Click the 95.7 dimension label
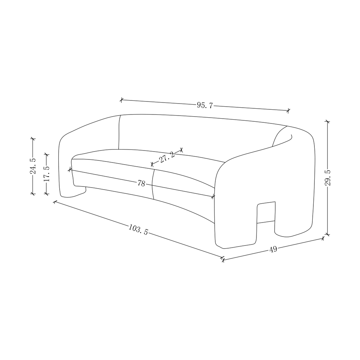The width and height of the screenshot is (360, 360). click(x=205, y=105)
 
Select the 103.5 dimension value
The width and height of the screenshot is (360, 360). click(x=138, y=229)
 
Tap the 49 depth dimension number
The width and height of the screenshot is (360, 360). click(x=273, y=249)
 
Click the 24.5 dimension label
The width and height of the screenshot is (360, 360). click(x=33, y=167)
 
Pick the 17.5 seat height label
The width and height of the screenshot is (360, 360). click(x=47, y=174)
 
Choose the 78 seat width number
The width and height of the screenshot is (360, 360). click(x=141, y=183)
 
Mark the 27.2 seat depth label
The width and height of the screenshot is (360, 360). click(x=167, y=157)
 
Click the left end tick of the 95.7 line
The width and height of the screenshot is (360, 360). click(x=121, y=100)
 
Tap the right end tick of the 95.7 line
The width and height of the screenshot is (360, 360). click(x=289, y=110)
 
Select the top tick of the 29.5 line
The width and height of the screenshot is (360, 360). click(x=328, y=121)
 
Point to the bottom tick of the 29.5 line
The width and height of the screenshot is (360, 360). click(x=328, y=235)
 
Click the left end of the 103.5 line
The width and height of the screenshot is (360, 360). click(x=54, y=202)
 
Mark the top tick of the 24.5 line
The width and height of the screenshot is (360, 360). click(x=33, y=139)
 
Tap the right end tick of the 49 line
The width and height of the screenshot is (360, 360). click(x=323, y=238)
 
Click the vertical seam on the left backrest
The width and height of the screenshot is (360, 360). click(x=119, y=132)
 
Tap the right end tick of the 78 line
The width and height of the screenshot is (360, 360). click(x=213, y=197)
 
